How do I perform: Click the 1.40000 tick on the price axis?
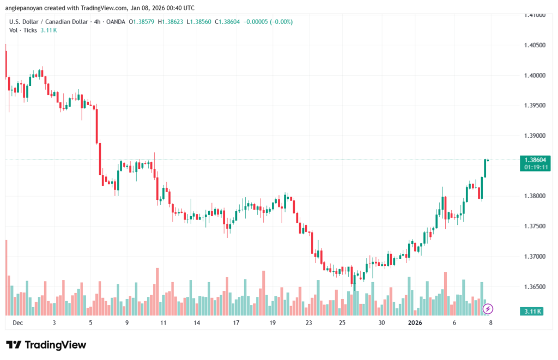point(535,75)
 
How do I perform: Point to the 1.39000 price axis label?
point(535,136)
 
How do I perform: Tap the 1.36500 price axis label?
point(535,286)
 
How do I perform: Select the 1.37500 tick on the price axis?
point(535,226)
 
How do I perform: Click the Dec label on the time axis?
point(17,322)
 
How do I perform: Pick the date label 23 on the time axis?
point(308,322)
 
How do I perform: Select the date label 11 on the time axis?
point(163,322)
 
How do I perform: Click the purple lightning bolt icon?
point(488,309)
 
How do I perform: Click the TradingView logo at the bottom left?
point(46,345)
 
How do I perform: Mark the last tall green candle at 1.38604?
point(484,168)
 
